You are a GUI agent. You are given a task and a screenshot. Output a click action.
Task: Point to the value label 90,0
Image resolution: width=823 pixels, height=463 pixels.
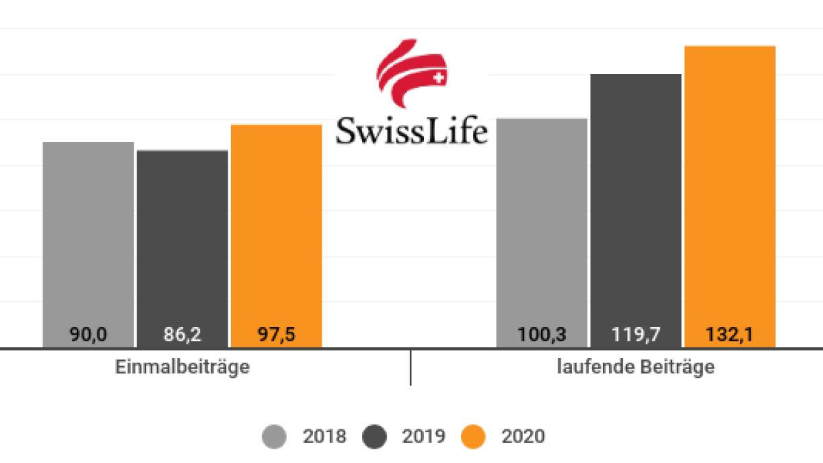(x=88, y=335)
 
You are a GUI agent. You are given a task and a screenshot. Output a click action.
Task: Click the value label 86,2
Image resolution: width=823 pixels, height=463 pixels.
(x=182, y=335)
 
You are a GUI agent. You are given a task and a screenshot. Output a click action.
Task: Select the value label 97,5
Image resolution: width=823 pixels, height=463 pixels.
(x=276, y=335)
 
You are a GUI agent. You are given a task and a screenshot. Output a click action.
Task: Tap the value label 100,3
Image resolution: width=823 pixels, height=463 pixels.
(x=542, y=335)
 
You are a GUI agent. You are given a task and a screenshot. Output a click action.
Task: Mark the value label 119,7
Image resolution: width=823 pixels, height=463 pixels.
(x=636, y=335)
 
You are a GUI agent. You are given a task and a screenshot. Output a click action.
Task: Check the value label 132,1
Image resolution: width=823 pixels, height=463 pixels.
(x=730, y=335)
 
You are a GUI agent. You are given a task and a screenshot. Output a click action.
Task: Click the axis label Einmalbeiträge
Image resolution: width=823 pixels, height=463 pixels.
(x=182, y=367)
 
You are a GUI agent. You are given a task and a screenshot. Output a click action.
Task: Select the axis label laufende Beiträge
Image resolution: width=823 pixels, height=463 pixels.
(x=636, y=367)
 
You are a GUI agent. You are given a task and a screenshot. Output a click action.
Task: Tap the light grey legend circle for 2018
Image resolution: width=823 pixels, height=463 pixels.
(x=275, y=436)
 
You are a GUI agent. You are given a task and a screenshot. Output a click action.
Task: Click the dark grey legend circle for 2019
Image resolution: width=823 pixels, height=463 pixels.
(x=374, y=436)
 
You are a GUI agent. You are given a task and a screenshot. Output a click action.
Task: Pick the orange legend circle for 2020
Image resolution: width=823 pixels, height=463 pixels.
(x=473, y=436)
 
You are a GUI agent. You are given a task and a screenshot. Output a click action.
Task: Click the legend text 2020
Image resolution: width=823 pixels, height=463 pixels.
(x=523, y=436)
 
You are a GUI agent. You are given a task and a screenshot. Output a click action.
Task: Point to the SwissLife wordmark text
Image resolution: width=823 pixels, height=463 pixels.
(x=411, y=130)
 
